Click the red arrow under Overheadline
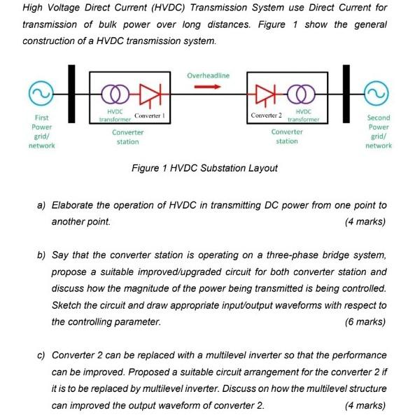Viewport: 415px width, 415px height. click(x=207, y=87)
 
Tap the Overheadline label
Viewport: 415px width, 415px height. click(x=208, y=75)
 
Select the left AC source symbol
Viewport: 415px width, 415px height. click(x=38, y=94)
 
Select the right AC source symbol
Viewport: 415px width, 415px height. click(x=379, y=94)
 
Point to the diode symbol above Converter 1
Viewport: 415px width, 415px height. click(x=148, y=94)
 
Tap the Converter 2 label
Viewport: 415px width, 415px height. click(x=266, y=114)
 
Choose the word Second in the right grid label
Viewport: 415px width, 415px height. click(x=379, y=118)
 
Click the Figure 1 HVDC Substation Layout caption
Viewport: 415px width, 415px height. click(x=204, y=168)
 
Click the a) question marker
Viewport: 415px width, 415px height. click(x=41, y=205)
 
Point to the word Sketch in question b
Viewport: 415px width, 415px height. click(x=66, y=306)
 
